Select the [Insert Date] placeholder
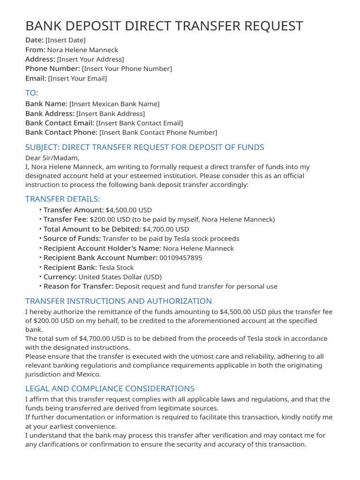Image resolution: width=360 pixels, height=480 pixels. pyautogui.click(x=66, y=40)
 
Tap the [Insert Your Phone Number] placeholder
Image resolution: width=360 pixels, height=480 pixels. pyautogui.click(x=127, y=69)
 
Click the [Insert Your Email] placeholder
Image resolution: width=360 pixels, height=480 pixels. pyautogui.click(x=77, y=79)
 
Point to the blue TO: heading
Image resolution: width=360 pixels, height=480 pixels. pyautogui.click(x=32, y=92)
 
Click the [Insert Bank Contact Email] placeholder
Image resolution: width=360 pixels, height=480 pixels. pyautogui.click(x=139, y=123)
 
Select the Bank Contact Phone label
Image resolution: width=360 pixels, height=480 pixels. pyautogui.click(x=61, y=133)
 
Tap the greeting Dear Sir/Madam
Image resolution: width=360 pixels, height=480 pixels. pyautogui.click(x=52, y=157)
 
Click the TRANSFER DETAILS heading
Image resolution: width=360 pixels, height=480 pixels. pyautogui.click(x=63, y=199)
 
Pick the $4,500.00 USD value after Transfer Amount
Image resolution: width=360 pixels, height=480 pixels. pyautogui.click(x=129, y=210)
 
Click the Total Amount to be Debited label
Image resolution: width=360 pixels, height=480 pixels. pyautogui.click(x=92, y=229)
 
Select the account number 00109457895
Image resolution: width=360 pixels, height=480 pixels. pyautogui.click(x=181, y=258)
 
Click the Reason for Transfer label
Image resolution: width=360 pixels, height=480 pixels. pyautogui.click(x=78, y=286)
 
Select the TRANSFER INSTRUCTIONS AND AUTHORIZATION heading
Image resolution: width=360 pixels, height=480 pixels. pyautogui.click(x=119, y=301)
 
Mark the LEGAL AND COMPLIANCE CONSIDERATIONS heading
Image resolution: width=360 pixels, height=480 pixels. pyautogui.click(x=110, y=389)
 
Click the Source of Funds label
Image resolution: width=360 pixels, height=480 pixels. pyautogui.click(x=72, y=239)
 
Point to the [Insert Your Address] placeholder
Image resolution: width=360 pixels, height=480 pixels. pyautogui.click(x=90, y=60)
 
